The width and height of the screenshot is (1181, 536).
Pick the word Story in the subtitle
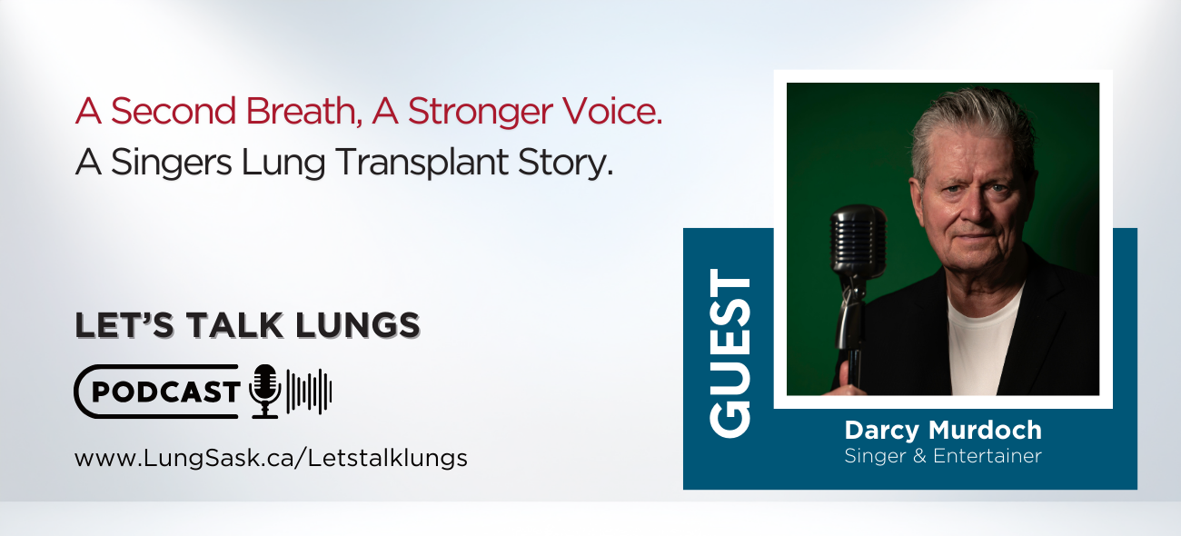pyautogui.click(x=571, y=163)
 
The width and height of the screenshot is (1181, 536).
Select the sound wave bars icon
pyautogui.click(x=309, y=392)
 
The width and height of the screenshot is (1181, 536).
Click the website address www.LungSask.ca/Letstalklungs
pyautogui.click(x=271, y=458)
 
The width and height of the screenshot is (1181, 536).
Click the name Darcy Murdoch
pyautogui.click(x=943, y=430)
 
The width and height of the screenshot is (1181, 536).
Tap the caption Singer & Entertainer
pyautogui.click(x=943, y=456)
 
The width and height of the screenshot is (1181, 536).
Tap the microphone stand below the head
pyautogui.click(x=852, y=327)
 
